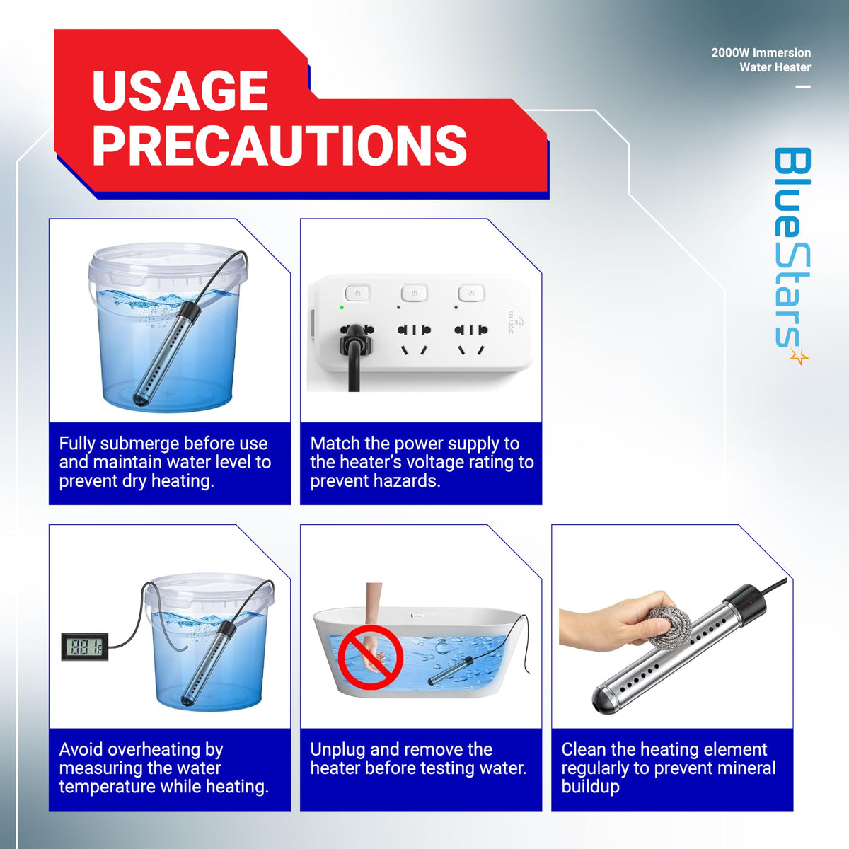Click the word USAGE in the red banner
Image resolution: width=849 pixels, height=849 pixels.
tap(180, 91)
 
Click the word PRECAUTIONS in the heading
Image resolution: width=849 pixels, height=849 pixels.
tap(279, 145)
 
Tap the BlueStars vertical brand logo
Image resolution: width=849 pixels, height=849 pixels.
tap(792, 256)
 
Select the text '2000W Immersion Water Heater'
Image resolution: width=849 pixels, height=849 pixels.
tap(761, 60)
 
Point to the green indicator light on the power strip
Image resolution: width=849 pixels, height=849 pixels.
tap(342, 307)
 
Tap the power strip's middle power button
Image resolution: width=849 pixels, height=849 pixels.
tap(414, 293)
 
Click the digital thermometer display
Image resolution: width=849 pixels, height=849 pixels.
tap(85, 647)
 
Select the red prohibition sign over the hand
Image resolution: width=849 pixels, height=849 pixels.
tap(371, 657)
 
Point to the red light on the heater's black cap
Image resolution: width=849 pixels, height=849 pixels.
tap(749, 601)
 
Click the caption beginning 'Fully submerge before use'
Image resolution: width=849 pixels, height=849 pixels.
tap(165, 462)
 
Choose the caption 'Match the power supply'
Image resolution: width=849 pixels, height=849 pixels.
tap(422, 462)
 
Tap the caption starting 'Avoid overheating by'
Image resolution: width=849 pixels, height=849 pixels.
tap(164, 768)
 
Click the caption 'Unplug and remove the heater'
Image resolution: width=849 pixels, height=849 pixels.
tap(418, 758)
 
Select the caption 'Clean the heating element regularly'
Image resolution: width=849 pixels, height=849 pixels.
tap(669, 768)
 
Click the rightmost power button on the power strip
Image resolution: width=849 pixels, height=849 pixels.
tap(471, 293)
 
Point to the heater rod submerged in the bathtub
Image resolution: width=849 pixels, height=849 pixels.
tap(450, 671)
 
